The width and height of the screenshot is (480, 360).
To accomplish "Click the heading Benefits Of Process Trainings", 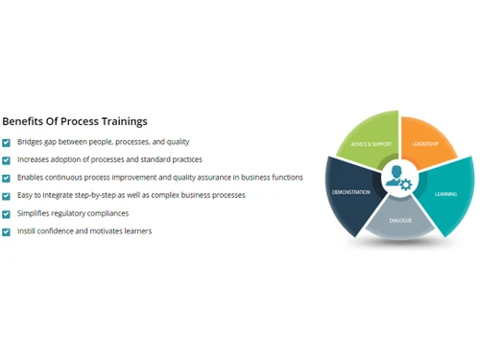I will click(75, 122).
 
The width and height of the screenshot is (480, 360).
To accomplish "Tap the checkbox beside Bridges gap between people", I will click(7, 142).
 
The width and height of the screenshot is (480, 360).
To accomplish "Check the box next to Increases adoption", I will click(7, 160).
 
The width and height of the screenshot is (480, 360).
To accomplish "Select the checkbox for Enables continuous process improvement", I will click(7, 178).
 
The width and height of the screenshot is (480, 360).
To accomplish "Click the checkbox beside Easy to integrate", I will click(7, 196).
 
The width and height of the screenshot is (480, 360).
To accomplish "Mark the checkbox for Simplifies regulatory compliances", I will click(7, 214).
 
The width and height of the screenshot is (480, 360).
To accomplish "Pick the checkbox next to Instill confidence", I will click(7, 231).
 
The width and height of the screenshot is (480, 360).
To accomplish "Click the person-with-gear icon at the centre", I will click(396, 179).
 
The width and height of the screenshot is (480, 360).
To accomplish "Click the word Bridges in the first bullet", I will click(31, 142).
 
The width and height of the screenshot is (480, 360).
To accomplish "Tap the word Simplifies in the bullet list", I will click(35, 214).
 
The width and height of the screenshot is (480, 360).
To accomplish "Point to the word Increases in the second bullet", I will click(35, 160).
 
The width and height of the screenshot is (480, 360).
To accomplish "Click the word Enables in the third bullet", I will click(31, 178).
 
